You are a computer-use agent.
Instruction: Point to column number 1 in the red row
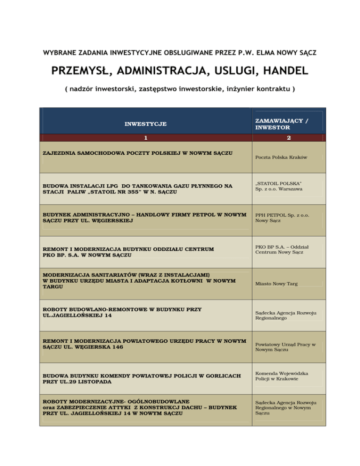(x=145, y=138)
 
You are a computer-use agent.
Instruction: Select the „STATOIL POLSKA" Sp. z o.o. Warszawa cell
(x=278, y=185)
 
